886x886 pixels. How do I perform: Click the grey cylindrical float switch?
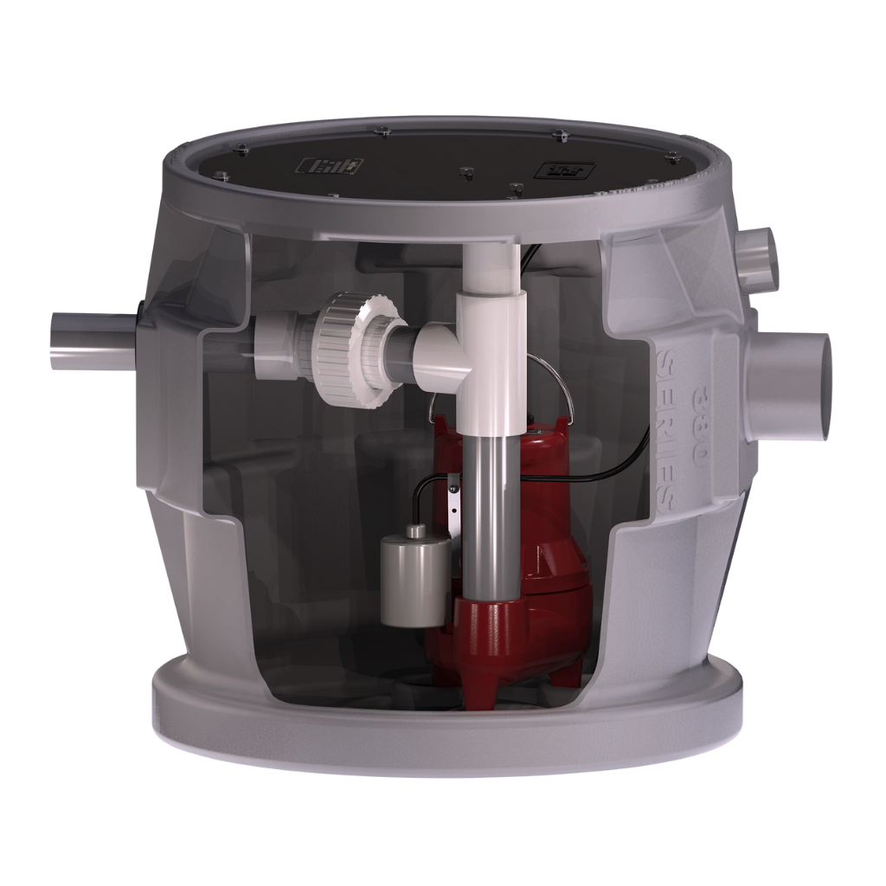click(x=414, y=576)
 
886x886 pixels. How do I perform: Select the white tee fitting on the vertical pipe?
click(x=489, y=346)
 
